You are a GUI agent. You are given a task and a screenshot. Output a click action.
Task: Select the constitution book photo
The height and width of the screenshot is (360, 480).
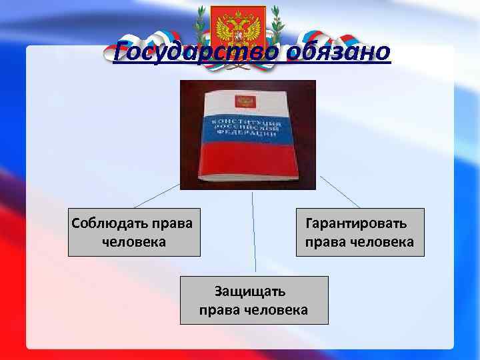point(247,135)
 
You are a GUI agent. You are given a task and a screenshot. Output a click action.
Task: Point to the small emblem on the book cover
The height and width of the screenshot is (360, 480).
point(243,101)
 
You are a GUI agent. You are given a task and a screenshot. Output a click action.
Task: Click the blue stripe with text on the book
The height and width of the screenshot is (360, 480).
point(245,128)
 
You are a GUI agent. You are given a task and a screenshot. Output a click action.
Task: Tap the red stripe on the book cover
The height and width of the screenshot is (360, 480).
point(248,160)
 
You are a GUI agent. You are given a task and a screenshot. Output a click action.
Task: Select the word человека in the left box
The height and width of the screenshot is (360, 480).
point(133,241)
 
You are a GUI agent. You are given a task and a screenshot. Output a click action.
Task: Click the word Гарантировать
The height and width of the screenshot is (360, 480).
point(355,223)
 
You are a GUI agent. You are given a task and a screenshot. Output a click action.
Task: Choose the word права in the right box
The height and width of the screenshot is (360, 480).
point(324,241)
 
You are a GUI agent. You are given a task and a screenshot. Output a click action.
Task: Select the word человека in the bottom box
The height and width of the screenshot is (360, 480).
point(275,309)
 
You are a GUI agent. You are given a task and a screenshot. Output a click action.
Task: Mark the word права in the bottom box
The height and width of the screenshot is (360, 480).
point(219,309)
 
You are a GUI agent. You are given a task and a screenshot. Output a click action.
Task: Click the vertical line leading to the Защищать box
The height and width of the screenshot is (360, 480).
point(253,233)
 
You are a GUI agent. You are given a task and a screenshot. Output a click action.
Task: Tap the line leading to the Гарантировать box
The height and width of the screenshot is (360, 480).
point(340,192)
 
